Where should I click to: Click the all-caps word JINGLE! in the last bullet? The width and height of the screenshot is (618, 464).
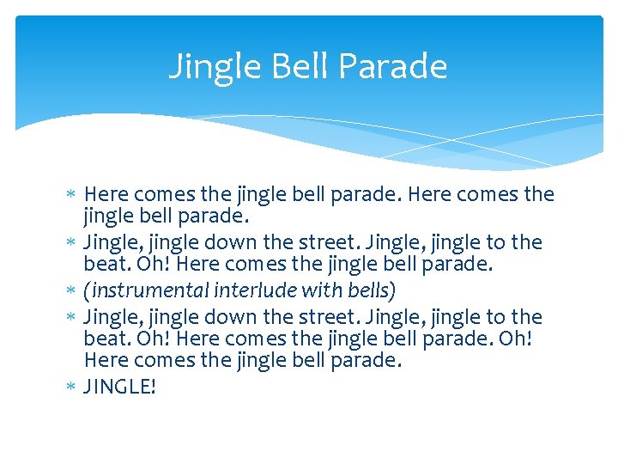[x=120, y=388]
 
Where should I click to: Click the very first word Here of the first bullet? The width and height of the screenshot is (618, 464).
[x=107, y=195]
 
